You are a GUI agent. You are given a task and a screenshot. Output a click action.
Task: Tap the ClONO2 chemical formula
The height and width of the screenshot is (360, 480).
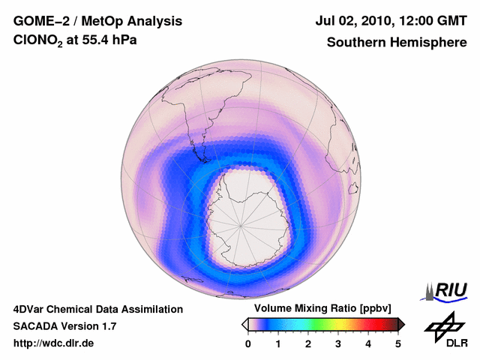click(37, 43)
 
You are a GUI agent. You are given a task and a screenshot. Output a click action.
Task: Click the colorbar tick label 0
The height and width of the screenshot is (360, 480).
click(248, 343)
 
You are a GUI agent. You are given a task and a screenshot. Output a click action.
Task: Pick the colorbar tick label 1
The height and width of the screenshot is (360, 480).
click(278, 343)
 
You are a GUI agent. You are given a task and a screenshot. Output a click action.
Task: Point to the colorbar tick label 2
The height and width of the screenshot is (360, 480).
click(308, 343)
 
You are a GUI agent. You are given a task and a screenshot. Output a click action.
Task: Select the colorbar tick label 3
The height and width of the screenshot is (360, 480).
click(338, 343)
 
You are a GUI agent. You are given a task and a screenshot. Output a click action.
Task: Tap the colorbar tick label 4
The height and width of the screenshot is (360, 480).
click(368, 343)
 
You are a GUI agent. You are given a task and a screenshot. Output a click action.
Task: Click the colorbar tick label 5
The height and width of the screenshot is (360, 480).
click(398, 343)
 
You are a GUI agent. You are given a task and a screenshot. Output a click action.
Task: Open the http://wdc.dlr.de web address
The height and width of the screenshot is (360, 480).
click(54, 343)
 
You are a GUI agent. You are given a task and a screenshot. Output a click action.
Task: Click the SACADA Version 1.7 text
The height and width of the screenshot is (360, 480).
click(64, 326)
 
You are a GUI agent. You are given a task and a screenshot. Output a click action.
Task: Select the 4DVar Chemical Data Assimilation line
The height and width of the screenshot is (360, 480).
click(98, 309)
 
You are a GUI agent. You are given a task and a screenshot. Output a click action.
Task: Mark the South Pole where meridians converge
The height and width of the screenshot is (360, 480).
click(241, 223)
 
